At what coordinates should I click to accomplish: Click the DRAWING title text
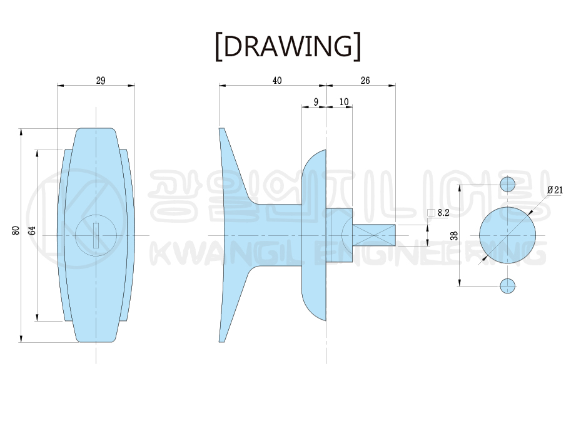[288, 46]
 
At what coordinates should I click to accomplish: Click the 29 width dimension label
[101, 81]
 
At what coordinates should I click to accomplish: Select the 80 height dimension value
[16, 231]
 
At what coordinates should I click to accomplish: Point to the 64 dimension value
[33, 231]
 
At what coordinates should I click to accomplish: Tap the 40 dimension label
[277, 81]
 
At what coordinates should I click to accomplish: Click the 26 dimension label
[365, 81]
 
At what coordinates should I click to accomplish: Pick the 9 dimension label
[316, 102]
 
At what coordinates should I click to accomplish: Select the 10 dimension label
[344, 102]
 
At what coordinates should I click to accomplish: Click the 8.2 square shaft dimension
[443, 213]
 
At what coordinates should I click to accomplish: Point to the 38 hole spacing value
[455, 235]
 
